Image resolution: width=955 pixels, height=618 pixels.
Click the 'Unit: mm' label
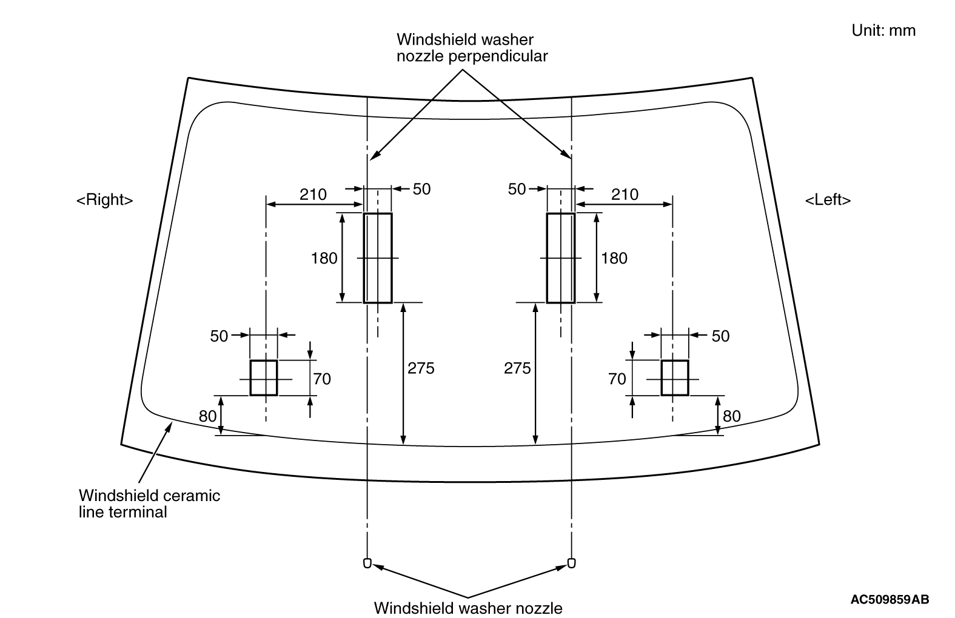[883, 30]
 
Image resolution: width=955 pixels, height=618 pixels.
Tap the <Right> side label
[104, 200]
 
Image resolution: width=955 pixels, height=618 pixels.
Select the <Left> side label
[828, 200]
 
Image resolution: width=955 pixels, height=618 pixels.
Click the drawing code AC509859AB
[890, 600]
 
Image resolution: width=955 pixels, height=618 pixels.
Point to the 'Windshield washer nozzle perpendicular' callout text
[472, 48]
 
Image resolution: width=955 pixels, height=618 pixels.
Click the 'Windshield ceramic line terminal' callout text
[149, 503]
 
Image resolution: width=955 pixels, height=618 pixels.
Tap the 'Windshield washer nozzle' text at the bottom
[468, 607]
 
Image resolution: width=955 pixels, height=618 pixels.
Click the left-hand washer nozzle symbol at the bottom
[367, 563]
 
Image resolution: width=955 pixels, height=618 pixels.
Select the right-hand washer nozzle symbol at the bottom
[571, 563]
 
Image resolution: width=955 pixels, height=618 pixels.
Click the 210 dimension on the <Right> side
[313, 194]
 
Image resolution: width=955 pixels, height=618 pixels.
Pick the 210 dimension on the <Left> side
[625, 194]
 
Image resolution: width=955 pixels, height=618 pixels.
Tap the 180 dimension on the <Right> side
[324, 258]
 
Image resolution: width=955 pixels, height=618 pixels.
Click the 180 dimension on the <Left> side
[614, 258]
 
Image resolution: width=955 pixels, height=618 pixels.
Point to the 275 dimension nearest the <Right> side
[421, 368]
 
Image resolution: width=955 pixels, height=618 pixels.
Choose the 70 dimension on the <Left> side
[617, 379]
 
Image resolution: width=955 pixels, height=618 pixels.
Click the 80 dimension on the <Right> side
[207, 416]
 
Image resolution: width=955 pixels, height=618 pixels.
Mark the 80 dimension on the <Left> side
[732, 416]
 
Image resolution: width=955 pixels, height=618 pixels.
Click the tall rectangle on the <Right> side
[378, 257]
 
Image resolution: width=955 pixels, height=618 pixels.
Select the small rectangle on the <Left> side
[674, 378]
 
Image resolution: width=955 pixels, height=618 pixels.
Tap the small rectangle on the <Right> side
[264, 378]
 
